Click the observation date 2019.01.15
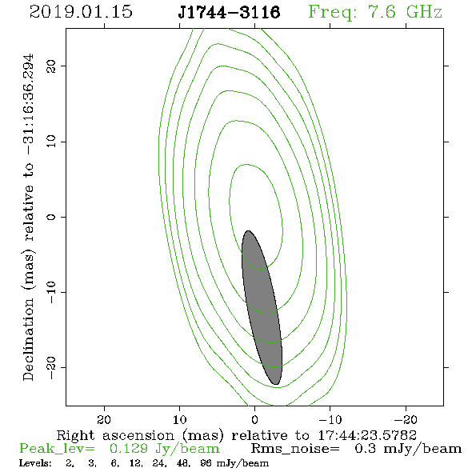pos(81,12)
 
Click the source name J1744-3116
pos(229,13)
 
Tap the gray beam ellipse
pos(262,308)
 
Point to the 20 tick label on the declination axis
pos(51,66)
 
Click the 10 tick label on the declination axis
pos(51,142)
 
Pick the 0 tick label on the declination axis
pos(51,217)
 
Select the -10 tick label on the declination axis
pos(51,292)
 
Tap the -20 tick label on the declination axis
pos(51,367)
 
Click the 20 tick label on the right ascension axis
pos(104,419)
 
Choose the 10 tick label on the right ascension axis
pos(180,419)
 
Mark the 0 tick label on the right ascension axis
pos(255,419)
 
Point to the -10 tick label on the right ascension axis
pos(330,419)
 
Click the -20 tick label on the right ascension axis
pos(406,419)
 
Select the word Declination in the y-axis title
pos(28,339)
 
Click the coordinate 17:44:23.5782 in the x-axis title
pos(367,435)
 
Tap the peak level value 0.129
pos(129,449)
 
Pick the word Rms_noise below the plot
pos(295,449)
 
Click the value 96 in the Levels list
pos(206,463)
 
